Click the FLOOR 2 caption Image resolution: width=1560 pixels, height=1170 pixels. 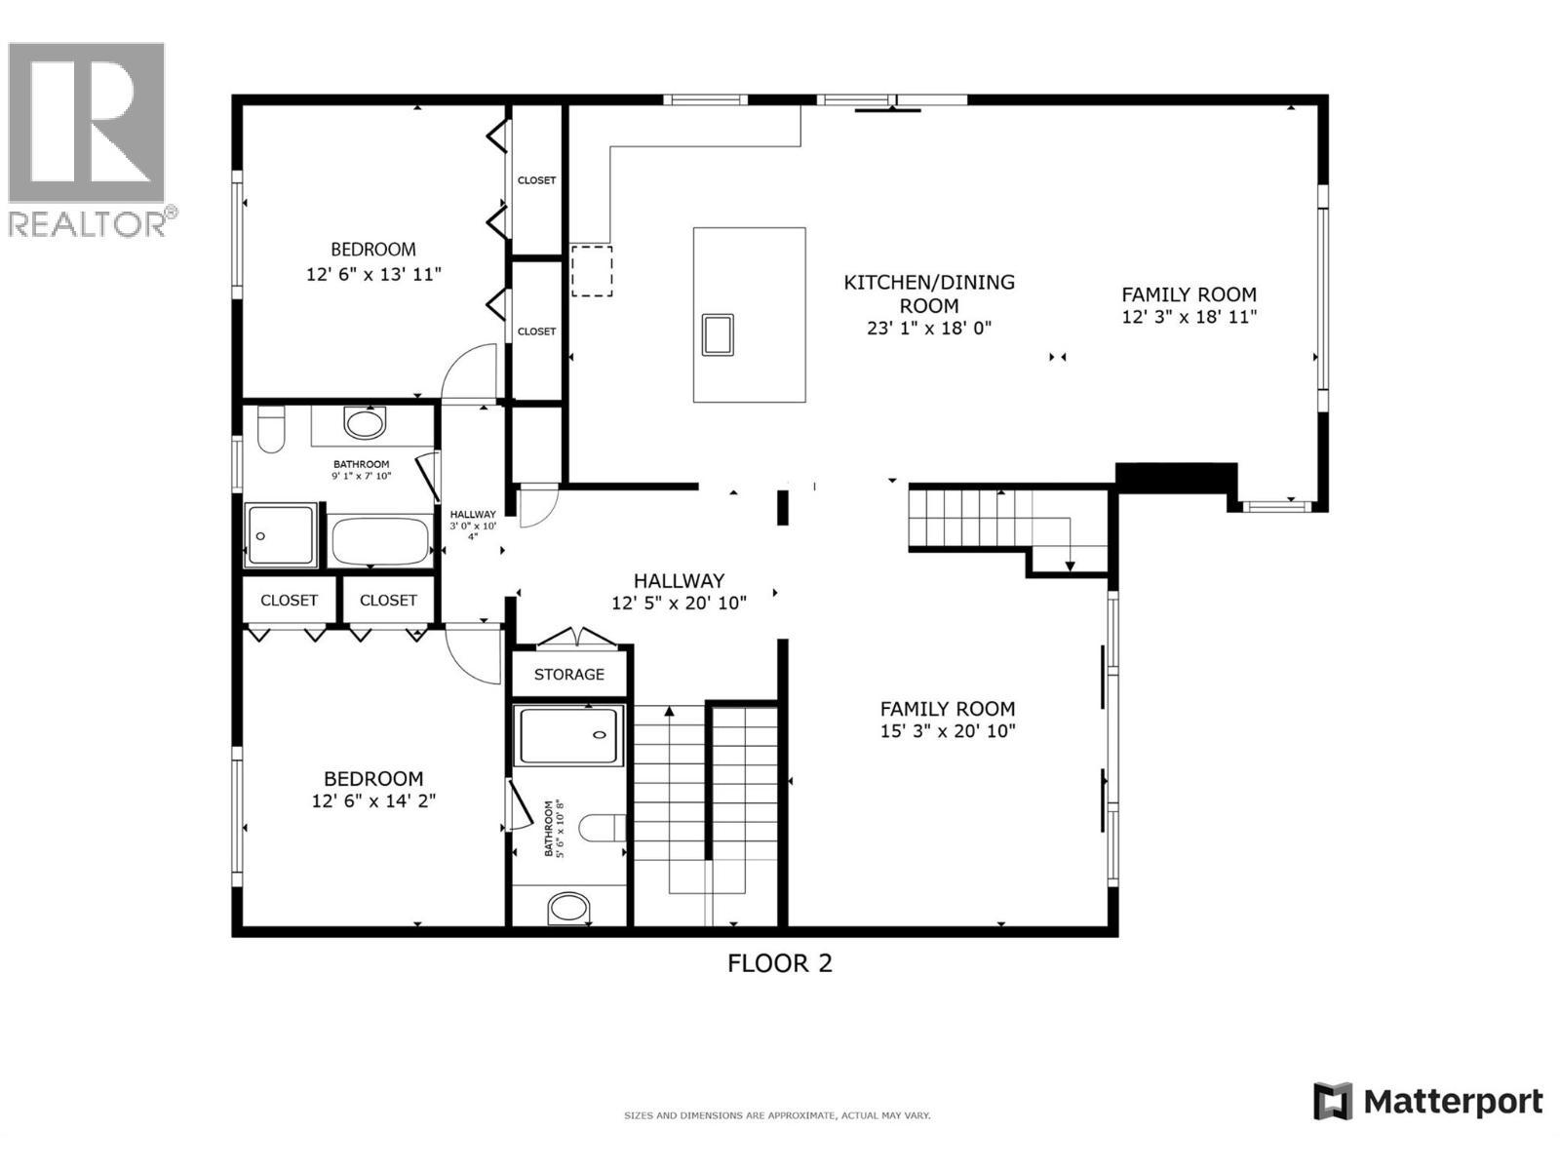click(779, 963)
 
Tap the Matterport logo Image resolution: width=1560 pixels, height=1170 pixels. click(1428, 1102)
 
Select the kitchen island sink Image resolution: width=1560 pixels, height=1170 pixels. click(718, 334)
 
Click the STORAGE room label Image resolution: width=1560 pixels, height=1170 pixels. click(568, 675)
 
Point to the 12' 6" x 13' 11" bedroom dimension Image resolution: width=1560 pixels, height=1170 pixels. click(373, 275)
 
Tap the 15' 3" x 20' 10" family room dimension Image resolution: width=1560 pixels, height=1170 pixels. click(947, 731)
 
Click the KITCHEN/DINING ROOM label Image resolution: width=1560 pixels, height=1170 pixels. click(928, 293)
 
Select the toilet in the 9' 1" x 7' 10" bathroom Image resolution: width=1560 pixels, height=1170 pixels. click(270, 431)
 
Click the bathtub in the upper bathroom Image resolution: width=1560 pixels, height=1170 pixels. click(380, 541)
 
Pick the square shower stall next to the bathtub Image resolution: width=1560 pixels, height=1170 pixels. click(281, 535)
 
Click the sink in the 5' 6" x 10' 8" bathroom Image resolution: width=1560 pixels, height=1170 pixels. click(569, 909)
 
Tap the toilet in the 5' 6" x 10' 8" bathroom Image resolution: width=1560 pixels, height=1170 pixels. click(604, 828)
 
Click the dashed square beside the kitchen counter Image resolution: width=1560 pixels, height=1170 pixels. click(591, 271)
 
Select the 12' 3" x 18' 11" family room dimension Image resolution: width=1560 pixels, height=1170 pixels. click(1189, 317)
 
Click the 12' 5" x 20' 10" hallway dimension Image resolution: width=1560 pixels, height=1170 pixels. click(679, 604)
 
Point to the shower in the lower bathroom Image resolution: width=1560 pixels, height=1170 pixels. click(569, 736)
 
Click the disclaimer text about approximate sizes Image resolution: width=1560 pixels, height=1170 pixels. click(777, 1115)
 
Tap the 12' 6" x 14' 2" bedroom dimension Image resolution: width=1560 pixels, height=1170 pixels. click(373, 801)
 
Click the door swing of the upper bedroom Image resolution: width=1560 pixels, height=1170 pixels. click(468, 374)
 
